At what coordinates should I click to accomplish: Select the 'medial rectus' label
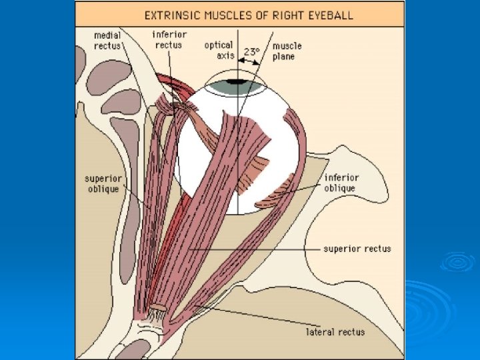[x=107, y=39]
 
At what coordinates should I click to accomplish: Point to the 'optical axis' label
[x=219, y=51]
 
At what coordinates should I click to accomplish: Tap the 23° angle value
[x=251, y=51]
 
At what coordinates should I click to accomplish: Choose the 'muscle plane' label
[x=287, y=51]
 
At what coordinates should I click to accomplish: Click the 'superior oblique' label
[x=101, y=183]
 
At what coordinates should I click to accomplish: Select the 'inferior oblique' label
[x=341, y=183]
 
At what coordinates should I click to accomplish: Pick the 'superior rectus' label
[x=357, y=249]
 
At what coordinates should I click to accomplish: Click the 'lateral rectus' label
[x=335, y=331]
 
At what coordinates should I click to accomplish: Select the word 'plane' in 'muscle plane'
[x=283, y=56]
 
